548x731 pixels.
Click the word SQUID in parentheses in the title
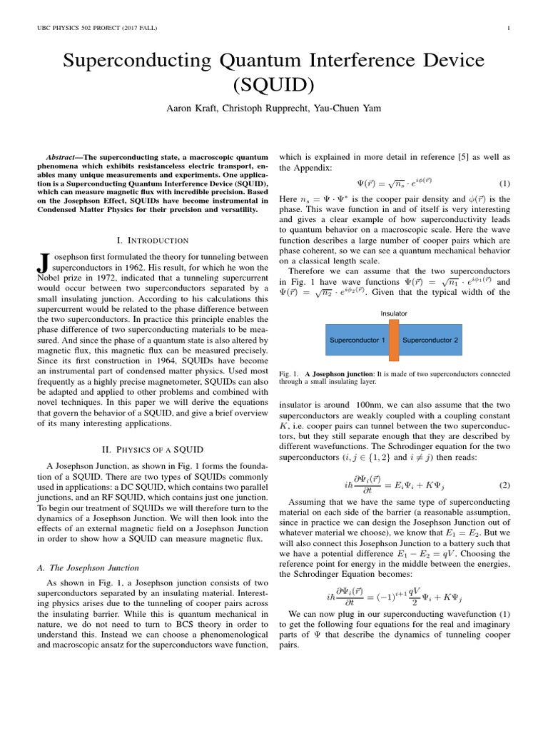coord(274,84)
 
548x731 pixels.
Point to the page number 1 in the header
coord(507,29)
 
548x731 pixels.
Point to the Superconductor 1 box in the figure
coord(357,340)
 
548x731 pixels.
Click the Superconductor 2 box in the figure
coord(430,340)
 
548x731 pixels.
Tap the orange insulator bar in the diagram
coord(393,339)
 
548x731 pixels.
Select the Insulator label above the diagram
coord(393,313)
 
